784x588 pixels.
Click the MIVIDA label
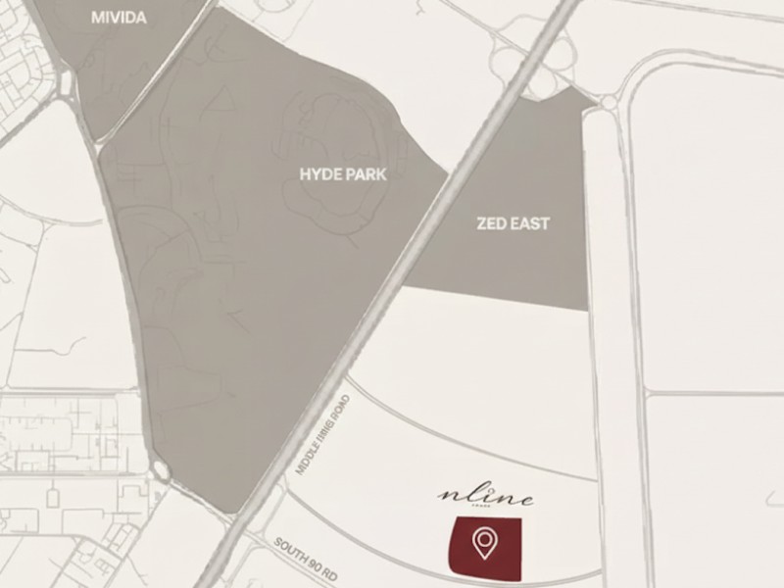(x=118, y=18)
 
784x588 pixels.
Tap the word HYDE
(x=320, y=174)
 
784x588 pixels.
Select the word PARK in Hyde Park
(x=367, y=174)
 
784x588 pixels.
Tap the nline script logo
(x=485, y=498)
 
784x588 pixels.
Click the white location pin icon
(x=483, y=541)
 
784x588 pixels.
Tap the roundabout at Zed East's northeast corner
(x=609, y=102)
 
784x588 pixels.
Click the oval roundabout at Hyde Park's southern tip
(x=161, y=472)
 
